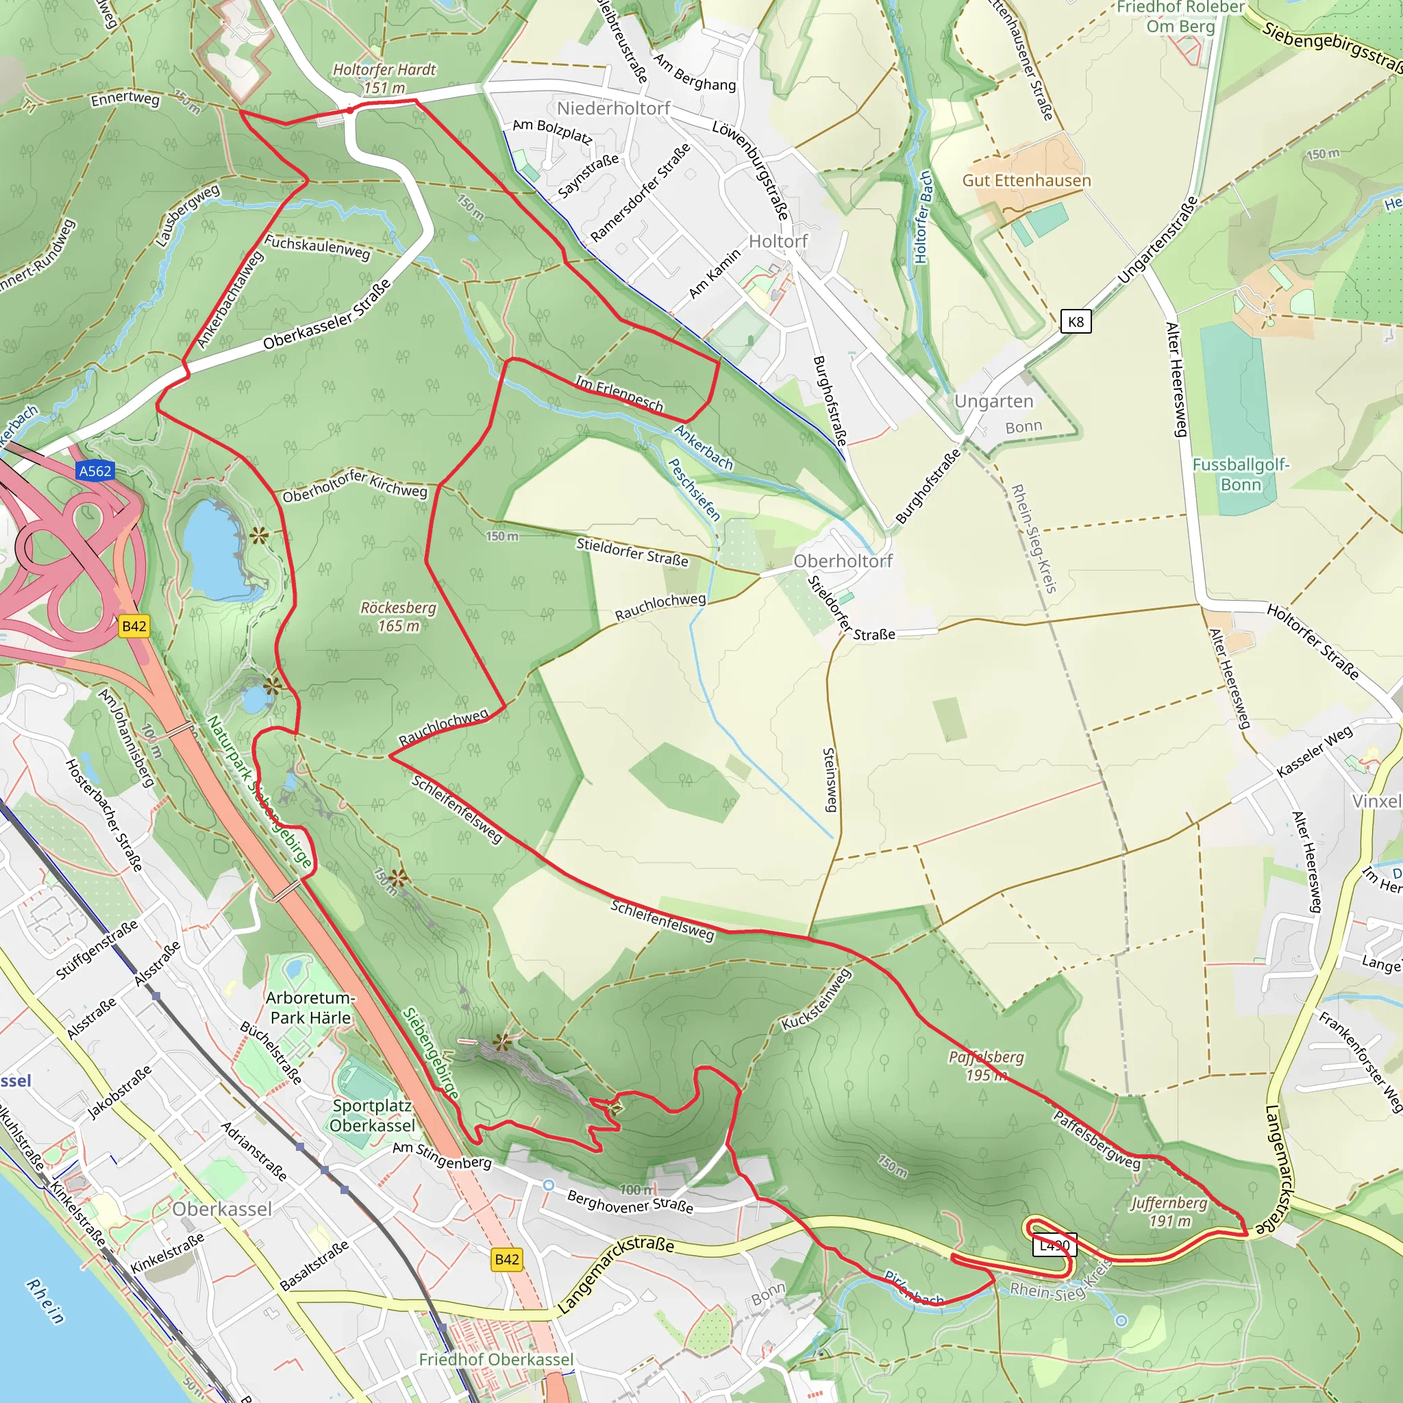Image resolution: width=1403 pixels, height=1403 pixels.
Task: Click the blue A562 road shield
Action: tap(95, 471)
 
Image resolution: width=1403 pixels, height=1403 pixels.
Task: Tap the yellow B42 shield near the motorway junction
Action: tap(134, 626)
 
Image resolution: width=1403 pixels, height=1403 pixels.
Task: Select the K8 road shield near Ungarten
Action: tap(1076, 322)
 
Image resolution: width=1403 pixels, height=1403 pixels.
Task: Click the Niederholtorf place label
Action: tap(614, 108)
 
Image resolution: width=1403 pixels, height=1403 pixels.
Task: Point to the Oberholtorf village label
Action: tap(843, 560)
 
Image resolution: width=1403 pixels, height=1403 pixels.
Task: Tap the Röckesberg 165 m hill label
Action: tap(399, 617)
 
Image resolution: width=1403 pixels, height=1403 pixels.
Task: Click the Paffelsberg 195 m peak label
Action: tap(986, 1065)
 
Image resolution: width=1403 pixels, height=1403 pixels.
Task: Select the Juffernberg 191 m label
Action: tap(1169, 1211)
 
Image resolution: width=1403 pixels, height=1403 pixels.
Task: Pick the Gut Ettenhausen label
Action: tap(1026, 180)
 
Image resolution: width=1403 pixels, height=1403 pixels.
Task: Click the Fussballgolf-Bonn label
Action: tap(1241, 474)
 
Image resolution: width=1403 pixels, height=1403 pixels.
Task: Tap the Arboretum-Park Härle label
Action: tap(310, 1007)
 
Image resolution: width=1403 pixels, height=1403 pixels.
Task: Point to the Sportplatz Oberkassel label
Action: tap(372, 1115)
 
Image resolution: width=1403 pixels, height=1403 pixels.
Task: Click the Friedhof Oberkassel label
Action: tap(496, 1358)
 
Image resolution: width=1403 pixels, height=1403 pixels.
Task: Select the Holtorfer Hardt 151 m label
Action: tap(384, 78)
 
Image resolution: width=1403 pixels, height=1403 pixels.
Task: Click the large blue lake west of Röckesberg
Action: tap(212, 548)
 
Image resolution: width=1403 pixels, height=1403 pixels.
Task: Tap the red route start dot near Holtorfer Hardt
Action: tap(350, 110)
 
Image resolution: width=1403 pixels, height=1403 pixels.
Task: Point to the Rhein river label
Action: tap(45, 1301)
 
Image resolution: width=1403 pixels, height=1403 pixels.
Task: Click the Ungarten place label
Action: tap(993, 401)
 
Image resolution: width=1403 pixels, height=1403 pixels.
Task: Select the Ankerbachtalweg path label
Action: tap(229, 299)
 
